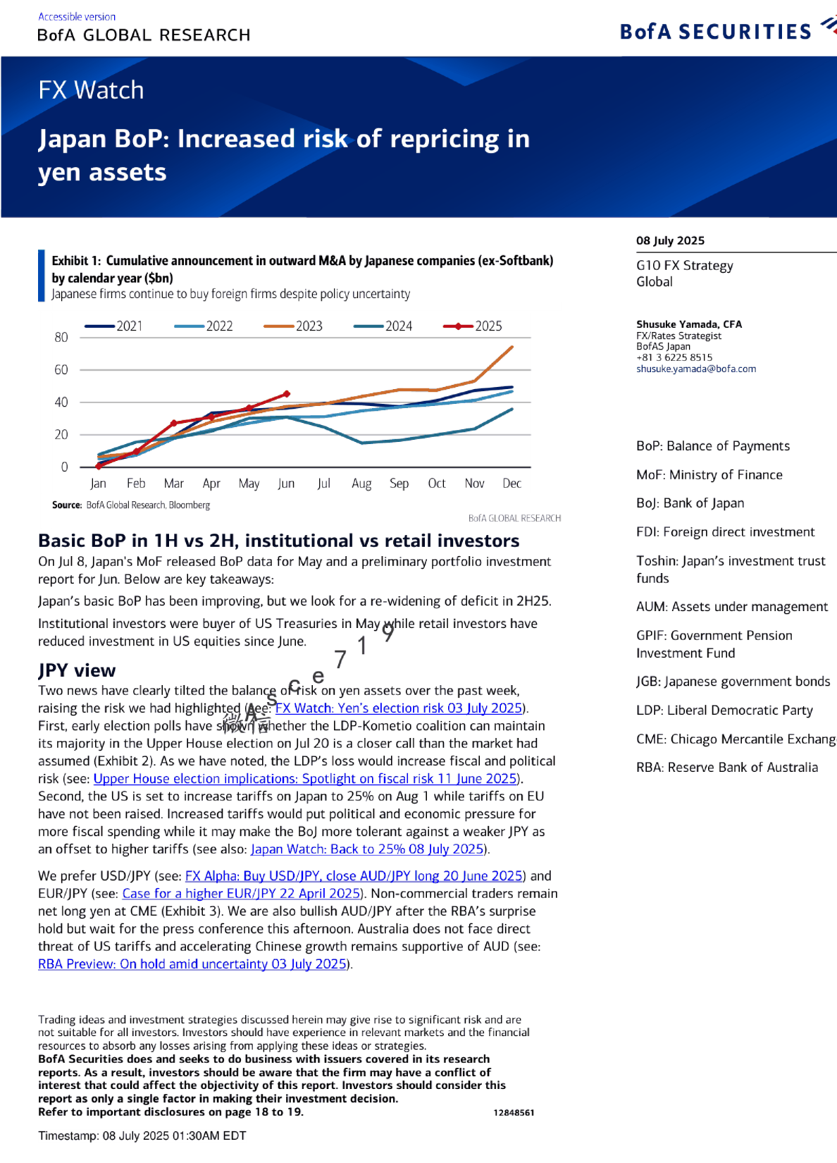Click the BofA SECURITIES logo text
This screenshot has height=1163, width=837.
point(715,32)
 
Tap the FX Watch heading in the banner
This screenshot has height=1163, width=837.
point(91,90)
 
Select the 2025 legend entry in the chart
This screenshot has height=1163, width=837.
point(488,326)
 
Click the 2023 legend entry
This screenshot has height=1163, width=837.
point(309,326)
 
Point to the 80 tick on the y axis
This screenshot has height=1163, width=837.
point(61,338)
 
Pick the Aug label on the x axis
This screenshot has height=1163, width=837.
point(361,484)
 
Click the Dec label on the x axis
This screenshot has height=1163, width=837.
point(512,484)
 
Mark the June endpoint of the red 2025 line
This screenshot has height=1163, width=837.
point(287,393)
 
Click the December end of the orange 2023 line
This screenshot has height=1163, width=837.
point(512,347)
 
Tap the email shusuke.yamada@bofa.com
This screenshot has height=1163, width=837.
point(696,369)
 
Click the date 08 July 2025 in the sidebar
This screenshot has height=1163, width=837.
point(670,240)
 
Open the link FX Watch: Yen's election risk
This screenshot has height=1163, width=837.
point(399,708)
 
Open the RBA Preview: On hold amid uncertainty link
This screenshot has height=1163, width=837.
point(192,964)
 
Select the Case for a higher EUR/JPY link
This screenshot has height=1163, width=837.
point(242,893)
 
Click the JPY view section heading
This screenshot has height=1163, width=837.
point(77,670)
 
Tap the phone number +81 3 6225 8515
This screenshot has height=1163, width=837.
point(674,357)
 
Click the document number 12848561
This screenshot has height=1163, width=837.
point(514,1112)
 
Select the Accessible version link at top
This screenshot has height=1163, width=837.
point(77,17)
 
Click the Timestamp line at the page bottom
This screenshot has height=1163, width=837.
point(142,1136)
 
